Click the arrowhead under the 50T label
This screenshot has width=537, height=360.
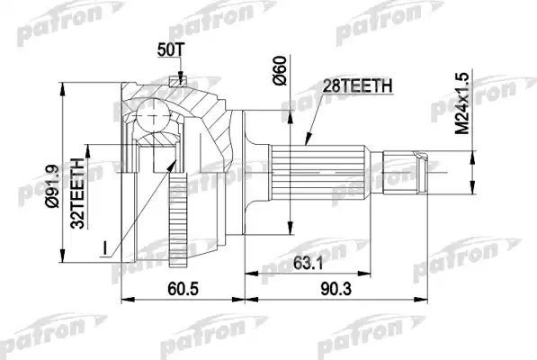click(180, 79)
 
